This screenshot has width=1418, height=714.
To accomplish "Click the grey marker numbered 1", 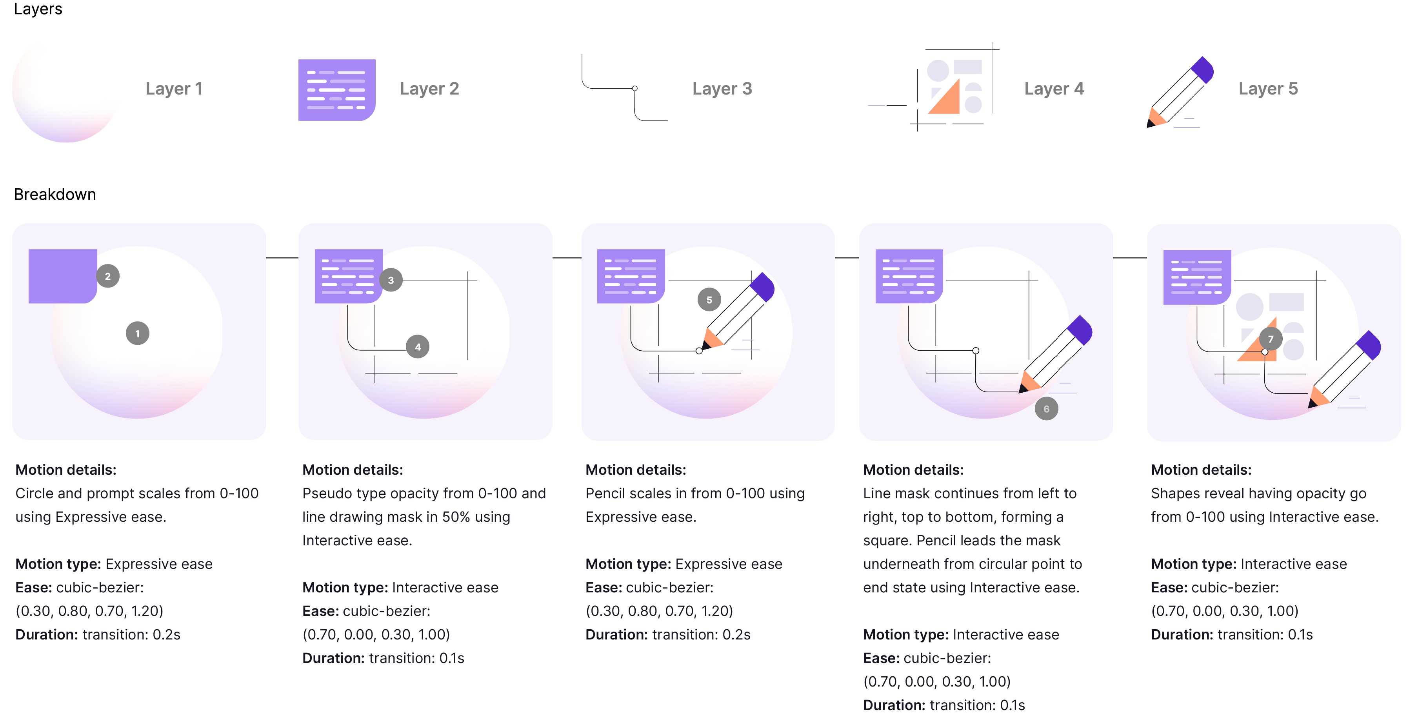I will [138, 333].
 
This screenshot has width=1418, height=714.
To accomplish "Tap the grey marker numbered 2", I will [108, 276].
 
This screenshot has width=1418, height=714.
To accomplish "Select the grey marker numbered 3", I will [391, 280].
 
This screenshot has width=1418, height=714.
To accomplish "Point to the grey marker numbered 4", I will [418, 347].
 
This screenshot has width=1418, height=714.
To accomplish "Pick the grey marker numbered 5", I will [709, 299].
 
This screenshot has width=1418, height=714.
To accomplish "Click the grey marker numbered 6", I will [1046, 408].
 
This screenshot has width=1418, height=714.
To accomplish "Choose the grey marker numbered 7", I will [1271, 339].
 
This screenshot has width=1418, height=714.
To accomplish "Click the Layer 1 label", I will [174, 89].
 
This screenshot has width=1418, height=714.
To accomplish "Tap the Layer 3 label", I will [722, 89].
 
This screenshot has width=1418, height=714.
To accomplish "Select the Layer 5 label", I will [1268, 89].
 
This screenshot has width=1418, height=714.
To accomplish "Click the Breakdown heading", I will [55, 194].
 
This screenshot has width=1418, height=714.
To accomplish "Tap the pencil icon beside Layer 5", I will [1180, 93].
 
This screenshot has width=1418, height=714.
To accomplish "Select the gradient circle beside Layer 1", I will [66, 91].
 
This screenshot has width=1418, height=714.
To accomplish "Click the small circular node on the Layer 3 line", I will [634, 88].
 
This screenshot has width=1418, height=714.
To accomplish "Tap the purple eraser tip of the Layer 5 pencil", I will [1203, 69].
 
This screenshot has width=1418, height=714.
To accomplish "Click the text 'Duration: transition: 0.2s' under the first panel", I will [98, 634].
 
